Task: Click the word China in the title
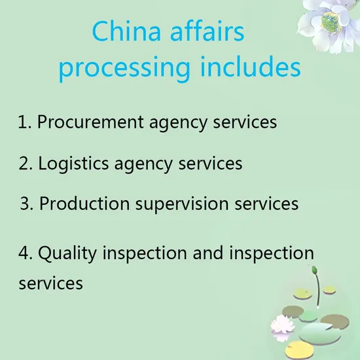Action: pyautogui.click(x=126, y=31)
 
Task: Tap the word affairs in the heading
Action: pyautogui.click(x=207, y=31)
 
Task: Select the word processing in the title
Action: pyautogui.click(x=124, y=69)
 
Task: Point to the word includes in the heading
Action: pyautogui.click(x=251, y=66)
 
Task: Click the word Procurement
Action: pyautogui.click(x=90, y=122)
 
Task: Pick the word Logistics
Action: pyautogui.click(x=73, y=164)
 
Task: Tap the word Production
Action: pyautogui.click(x=84, y=203)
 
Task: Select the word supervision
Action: pyautogui.click(x=182, y=204)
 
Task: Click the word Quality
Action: pyautogui.click(x=67, y=253)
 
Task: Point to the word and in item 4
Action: pyautogui.click(x=208, y=253)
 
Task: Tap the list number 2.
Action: pyautogui.click(x=26, y=163)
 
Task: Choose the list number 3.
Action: pyautogui.click(x=27, y=203)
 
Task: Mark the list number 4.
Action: pyautogui.click(x=26, y=253)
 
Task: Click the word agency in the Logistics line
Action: pyautogui.click(x=143, y=164)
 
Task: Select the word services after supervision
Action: pyautogui.click(x=266, y=204)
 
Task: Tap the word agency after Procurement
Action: pyautogui.click(x=178, y=123)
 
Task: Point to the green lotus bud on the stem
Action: pyautogui.click(x=315, y=270)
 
